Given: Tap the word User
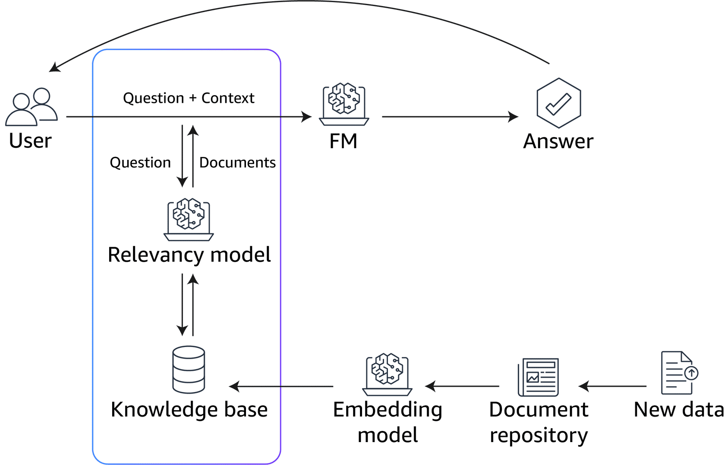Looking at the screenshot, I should coord(30,141).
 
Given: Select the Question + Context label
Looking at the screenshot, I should coord(189,98).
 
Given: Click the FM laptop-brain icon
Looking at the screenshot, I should coord(344,104).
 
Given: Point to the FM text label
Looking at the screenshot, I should coord(343,141).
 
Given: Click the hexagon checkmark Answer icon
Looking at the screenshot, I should coord(558,103).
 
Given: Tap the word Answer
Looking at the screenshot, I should coord(558,141).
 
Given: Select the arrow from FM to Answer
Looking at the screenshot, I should coord(449,117).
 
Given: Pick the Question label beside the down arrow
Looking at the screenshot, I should coord(140,162).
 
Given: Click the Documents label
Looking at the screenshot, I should coord(237,162).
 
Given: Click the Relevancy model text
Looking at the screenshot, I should coord(189,255).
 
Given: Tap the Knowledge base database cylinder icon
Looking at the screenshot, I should coord(189,369).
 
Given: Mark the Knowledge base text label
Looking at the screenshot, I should coord(189,409).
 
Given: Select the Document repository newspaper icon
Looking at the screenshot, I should coord(538,377).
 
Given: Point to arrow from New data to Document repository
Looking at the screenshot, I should coord(613,386).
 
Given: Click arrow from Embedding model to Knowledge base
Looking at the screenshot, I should coord(281,386).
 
